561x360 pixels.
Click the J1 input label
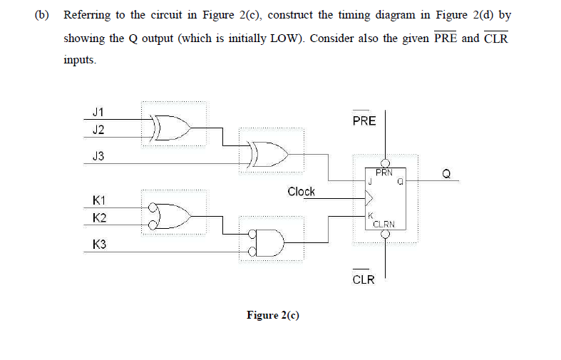pos(98,112)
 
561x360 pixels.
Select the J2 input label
pos(98,129)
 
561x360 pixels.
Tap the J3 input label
pos(98,156)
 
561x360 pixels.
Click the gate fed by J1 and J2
pos(173,127)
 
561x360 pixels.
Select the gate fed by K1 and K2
pos(173,212)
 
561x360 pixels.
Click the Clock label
pos(301,191)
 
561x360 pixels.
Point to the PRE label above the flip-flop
pos(364,120)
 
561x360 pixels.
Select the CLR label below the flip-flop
pos(364,279)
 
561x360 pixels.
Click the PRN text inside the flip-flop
pos(384,172)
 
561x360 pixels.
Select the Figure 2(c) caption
pos(272,314)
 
